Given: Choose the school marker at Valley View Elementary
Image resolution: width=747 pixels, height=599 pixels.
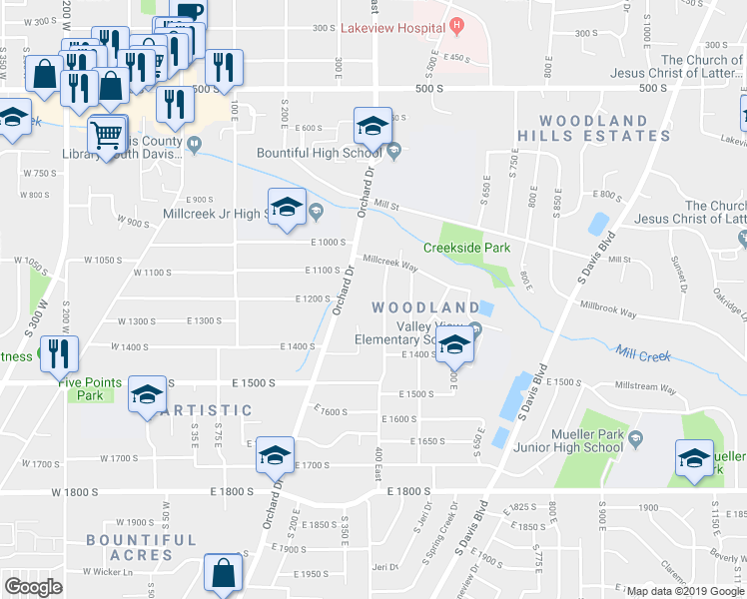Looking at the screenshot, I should click(455, 346).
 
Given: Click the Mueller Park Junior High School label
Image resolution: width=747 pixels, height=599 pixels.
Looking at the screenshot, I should click(594, 440).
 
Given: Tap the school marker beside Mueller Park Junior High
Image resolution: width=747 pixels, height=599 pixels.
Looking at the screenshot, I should click(697, 459).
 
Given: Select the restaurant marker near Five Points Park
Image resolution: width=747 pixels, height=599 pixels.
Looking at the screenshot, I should click(59, 353).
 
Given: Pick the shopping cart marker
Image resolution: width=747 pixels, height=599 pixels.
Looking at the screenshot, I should click(108, 134).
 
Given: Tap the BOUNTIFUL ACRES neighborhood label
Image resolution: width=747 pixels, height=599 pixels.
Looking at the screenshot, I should click(141, 547).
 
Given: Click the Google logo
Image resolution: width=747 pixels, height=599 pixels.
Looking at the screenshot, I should click(33, 587).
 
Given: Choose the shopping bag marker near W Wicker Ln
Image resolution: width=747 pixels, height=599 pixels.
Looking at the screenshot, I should click(223, 574).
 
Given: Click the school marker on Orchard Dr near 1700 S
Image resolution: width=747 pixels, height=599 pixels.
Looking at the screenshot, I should click(275, 456).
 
